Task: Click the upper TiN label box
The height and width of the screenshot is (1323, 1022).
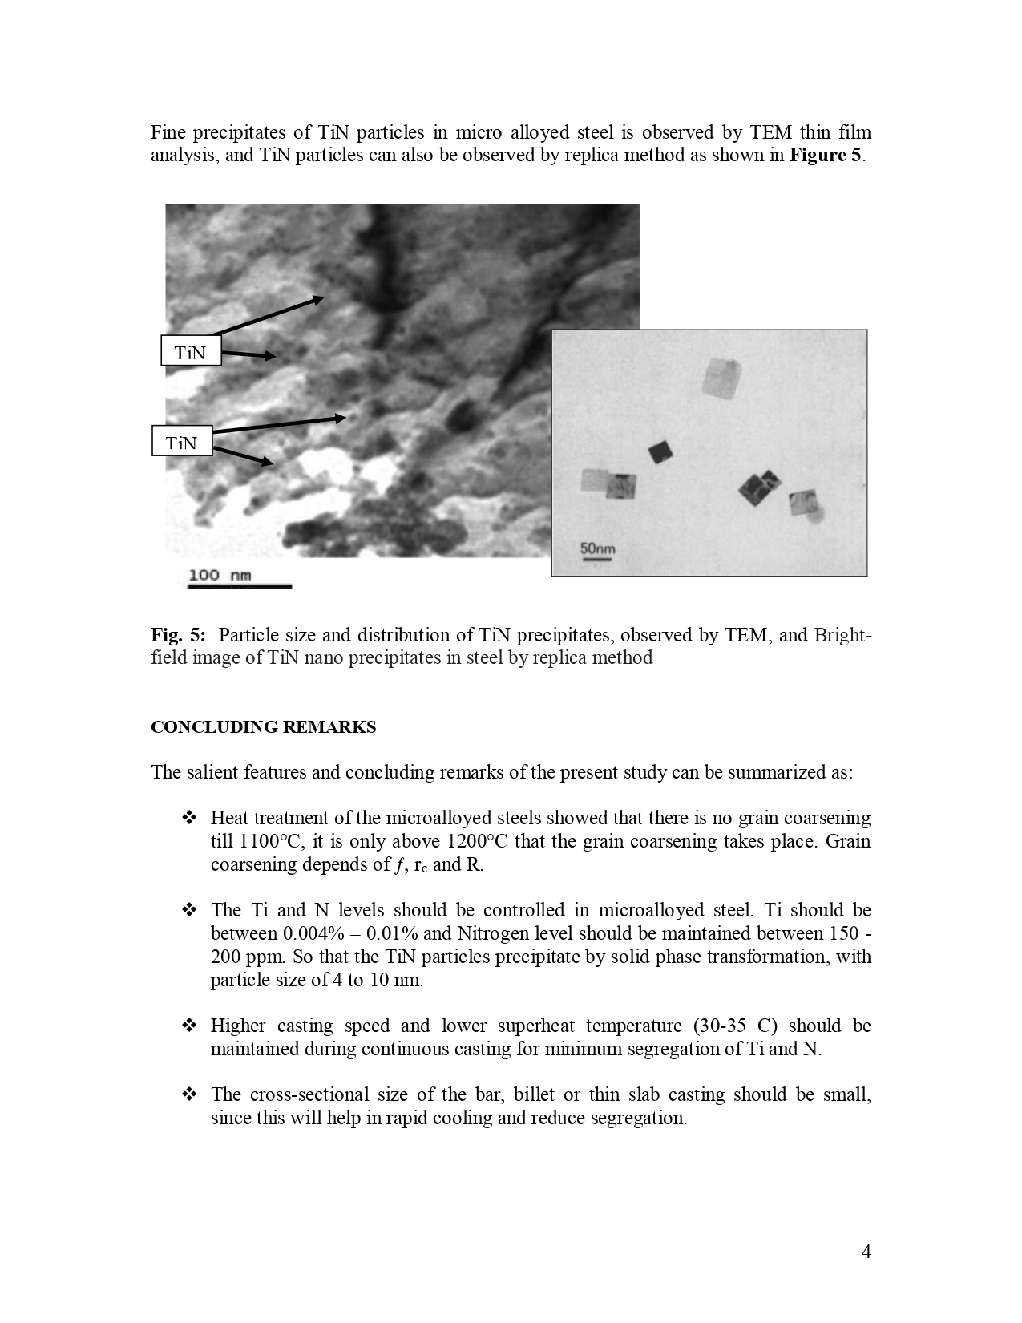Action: click(191, 351)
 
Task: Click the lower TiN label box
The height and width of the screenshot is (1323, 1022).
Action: click(182, 441)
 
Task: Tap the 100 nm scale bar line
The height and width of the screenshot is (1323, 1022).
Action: click(239, 587)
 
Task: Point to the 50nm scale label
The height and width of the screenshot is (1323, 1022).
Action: click(597, 549)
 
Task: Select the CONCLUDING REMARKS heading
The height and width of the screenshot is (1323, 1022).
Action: click(263, 727)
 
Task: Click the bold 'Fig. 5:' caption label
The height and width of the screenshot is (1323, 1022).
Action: click(178, 635)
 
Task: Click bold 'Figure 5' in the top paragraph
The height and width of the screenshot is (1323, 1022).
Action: click(825, 155)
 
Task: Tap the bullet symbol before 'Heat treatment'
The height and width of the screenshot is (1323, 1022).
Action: click(190, 818)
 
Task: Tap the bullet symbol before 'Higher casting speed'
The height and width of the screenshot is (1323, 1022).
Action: click(190, 1026)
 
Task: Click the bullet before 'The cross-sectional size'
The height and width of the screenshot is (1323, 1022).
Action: click(190, 1094)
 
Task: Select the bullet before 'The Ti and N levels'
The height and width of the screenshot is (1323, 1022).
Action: click(190, 910)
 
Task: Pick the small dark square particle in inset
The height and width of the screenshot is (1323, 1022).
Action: click(660, 452)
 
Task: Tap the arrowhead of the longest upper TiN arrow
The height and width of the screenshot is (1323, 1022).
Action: click(321, 299)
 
